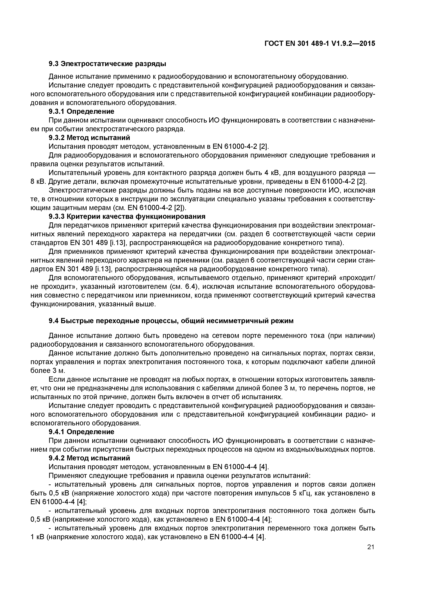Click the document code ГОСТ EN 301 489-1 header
[320, 44]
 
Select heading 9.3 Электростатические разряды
[107, 64]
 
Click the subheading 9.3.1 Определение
[81, 111]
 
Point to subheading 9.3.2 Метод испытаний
[89, 138]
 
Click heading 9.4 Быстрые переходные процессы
[171, 321]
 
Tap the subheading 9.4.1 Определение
[81, 432]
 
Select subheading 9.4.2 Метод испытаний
[89, 458]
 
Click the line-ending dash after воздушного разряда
[372, 173]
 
